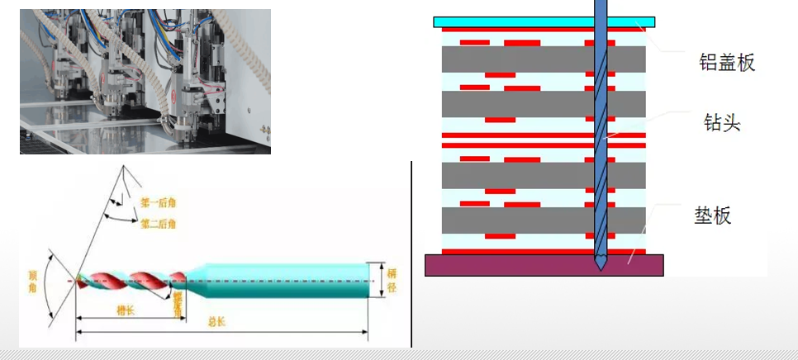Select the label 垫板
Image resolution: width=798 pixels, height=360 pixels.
pos(713,216)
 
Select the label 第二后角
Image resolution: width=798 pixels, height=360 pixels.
pos(158,224)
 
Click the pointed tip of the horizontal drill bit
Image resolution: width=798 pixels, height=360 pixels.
pos(77,280)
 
